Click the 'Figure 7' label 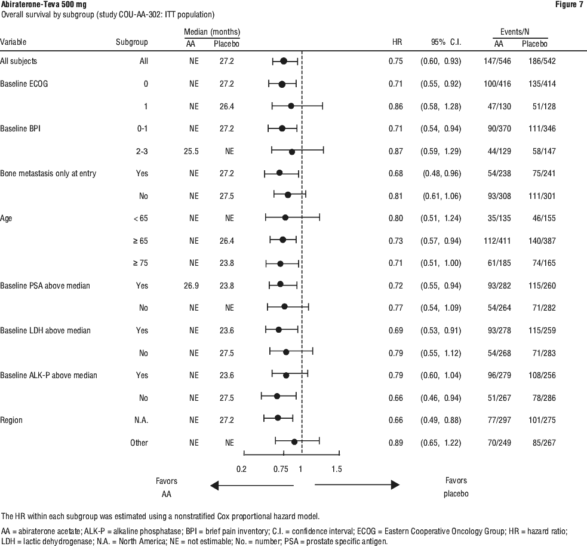[x=569, y=5]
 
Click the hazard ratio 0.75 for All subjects [x=396, y=61]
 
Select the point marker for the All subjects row [x=284, y=61]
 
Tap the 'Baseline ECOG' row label [x=24, y=84]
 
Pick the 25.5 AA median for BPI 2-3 [x=191, y=151]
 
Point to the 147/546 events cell [x=497, y=61]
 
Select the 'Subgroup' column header [x=132, y=42]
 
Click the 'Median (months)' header [x=212, y=32]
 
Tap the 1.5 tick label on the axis [x=337, y=469]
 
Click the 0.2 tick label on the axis [x=241, y=469]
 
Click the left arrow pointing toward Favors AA [x=252, y=486]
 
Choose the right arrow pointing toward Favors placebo [x=357, y=485]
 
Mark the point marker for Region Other [x=294, y=442]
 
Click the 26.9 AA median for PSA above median [x=191, y=286]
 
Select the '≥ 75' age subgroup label [x=140, y=263]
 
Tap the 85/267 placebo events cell [x=544, y=443]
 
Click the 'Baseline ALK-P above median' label [x=48, y=375]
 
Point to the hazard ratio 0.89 [x=396, y=443]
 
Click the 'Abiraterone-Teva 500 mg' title [x=43, y=5]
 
